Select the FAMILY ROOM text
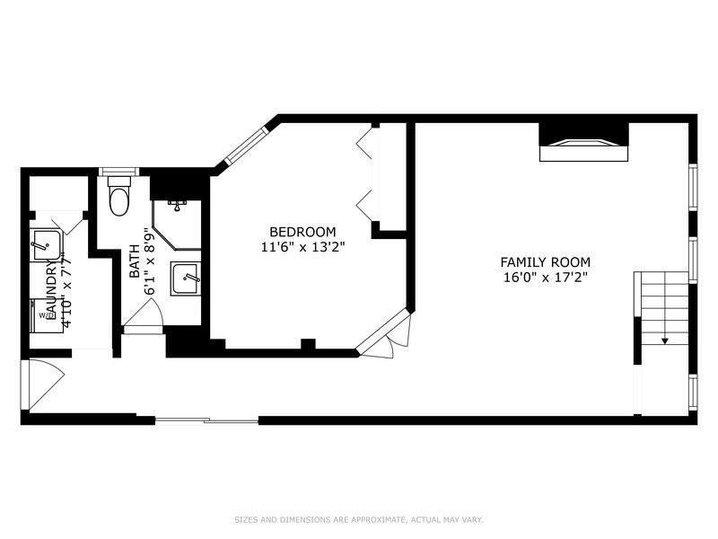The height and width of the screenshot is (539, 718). click(x=545, y=262)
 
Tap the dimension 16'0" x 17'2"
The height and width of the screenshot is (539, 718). click(x=545, y=277)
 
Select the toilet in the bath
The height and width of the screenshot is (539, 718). click(x=118, y=198)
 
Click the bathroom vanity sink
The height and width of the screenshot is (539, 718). click(x=186, y=279)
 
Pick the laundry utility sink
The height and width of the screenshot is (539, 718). click(x=46, y=244)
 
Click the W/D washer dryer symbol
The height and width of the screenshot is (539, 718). click(x=46, y=315)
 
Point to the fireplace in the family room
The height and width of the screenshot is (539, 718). click(x=582, y=144)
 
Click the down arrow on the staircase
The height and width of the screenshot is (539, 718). click(x=665, y=340)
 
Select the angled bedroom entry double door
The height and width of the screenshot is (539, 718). click(x=383, y=339)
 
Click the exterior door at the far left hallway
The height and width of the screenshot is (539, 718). click(x=39, y=384)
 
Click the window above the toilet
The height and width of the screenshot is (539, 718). click(x=117, y=172)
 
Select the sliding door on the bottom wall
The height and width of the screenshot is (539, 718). click(x=206, y=420)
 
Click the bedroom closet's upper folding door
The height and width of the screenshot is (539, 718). click(x=364, y=145)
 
